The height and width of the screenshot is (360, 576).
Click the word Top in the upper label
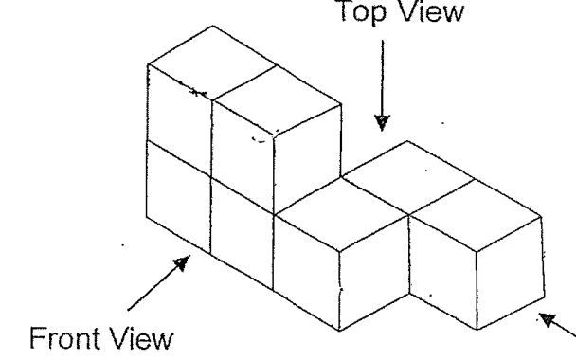(x=360, y=11)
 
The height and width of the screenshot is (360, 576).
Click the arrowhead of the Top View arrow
(x=382, y=123)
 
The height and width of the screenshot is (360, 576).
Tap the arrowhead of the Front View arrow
(x=183, y=262)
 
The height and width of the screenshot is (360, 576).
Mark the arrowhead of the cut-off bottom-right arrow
(x=547, y=320)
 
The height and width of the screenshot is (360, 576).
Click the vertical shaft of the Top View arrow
(x=383, y=78)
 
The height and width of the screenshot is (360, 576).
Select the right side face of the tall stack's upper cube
(x=308, y=158)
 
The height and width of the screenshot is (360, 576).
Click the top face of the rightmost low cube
(x=476, y=216)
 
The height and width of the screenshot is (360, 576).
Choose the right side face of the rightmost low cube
(x=511, y=273)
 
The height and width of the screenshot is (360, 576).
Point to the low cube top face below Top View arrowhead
(x=407, y=178)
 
